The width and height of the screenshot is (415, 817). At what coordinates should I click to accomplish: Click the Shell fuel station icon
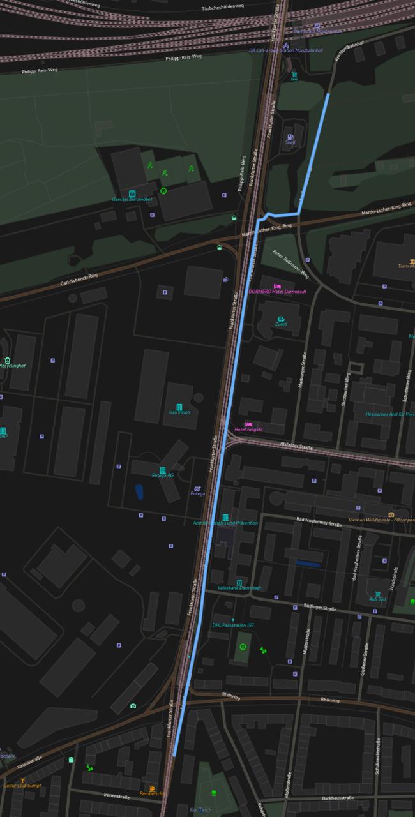tap(290, 137)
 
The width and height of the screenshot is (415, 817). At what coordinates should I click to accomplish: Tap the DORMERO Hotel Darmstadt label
tap(278, 292)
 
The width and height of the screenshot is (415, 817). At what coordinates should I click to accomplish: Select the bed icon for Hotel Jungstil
tap(249, 424)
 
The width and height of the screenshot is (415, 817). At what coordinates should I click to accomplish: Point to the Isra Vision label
tap(179, 412)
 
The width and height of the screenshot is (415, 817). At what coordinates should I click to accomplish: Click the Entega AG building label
tap(162, 475)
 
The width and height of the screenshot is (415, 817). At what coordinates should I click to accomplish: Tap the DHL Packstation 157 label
tap(233, 626)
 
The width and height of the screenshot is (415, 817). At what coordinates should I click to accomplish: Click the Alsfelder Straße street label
tap(296, 447)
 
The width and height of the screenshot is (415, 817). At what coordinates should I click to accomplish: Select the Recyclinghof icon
tap(7, 361)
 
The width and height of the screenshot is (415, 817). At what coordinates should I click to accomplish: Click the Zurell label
tap(281, 324)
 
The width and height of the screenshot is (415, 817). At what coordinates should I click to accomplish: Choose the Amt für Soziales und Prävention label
tap(225, 523)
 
